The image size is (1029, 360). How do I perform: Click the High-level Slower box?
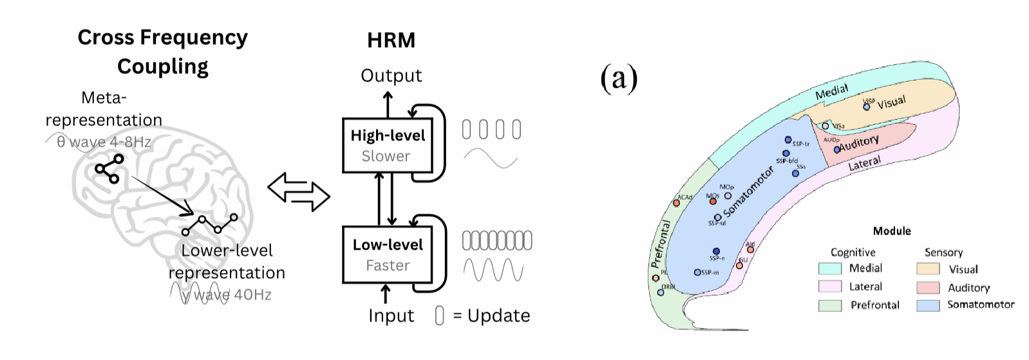coord(387,146)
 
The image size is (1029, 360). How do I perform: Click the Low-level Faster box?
coord(387,254)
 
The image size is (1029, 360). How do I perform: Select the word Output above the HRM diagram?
coord(391,76)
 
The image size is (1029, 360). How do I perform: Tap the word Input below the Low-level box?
coord(391,316)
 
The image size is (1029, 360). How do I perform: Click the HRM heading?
coord(391,41)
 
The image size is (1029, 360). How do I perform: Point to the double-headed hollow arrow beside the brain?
coord(298,191)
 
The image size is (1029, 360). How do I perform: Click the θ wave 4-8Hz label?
coord(103,142)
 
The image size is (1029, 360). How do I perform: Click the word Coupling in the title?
coord(162,66)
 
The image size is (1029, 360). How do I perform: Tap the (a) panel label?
coord(618,79)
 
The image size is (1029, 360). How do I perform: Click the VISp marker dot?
coord(866,106)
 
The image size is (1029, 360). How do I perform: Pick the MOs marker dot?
coord(713,202)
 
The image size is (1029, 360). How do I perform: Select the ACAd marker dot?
coord(676,203)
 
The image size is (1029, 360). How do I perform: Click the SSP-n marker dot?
coord(716,251)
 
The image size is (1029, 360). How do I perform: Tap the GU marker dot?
coord(741,265)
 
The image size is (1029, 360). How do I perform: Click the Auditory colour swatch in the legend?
coord(928,287)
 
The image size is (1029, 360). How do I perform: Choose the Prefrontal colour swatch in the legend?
coord(829,305)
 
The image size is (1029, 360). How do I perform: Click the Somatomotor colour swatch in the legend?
coord(928,305)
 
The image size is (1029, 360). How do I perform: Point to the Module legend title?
coord(892,231)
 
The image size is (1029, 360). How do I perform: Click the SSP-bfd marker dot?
coord(786,153)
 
